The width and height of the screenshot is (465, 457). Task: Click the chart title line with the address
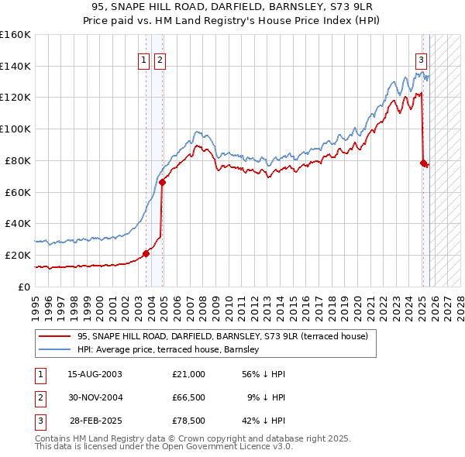pos(232,6)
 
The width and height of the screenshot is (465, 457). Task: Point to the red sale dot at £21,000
pos(146,253)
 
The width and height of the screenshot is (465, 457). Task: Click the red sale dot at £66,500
pos(163,183)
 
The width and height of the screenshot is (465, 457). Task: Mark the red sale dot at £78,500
pos(423,163)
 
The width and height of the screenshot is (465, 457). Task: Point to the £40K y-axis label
pos(17,223)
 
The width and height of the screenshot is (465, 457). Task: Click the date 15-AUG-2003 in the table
pos(95,374)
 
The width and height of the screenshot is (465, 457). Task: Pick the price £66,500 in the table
pos(189,397)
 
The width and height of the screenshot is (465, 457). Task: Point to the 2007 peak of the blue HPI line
pos(198,132)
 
